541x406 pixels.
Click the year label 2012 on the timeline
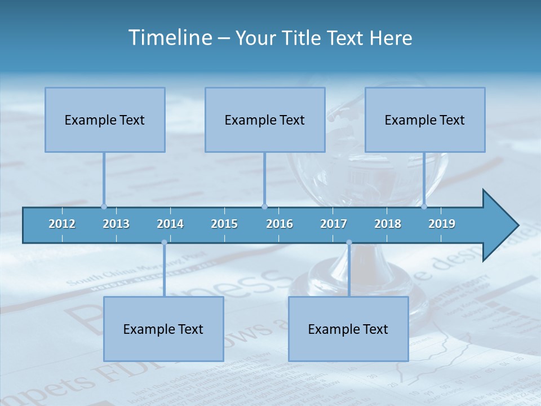(x=62, y=224)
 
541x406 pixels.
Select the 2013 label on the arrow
(x=116, y=224)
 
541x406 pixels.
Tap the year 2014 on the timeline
(x=170, y=224)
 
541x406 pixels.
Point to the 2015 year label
(x=224, y=224)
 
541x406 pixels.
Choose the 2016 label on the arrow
(x=280, y=224)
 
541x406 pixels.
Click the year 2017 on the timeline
(x=334, y=224)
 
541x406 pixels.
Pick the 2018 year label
(x=388, y=224)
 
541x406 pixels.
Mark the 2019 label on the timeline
(x=442, y=224)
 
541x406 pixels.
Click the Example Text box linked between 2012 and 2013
(x=105, y=120)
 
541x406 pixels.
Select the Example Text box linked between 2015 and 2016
(x=265, y=120)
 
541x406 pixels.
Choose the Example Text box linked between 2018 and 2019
(x=425, y=120)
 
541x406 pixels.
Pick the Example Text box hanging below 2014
(x=163, y=329)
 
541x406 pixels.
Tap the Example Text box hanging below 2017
(x=348, y=329)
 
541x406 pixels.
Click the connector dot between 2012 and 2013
(x=104, y=206)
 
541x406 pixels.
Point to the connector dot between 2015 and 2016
(x=264, y=206)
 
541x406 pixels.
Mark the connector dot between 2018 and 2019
(x=424, y=206)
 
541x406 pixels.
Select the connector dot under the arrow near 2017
(x=349, y=242)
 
